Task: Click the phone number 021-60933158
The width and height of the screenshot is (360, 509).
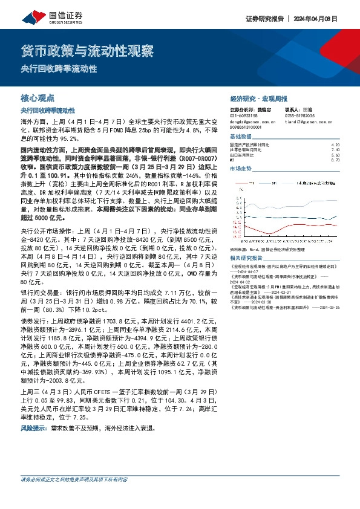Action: coord(244,115)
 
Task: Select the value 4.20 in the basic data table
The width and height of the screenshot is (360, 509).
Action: coord(336,145)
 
